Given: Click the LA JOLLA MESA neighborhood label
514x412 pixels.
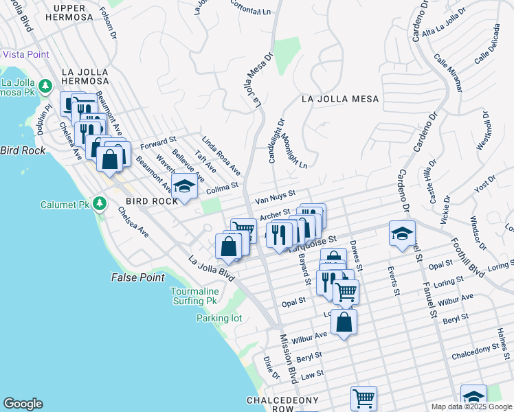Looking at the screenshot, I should tap(340, 99).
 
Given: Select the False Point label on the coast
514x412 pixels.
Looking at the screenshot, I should tap(138, 277).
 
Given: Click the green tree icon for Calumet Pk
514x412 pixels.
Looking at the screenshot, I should tap(100, 204).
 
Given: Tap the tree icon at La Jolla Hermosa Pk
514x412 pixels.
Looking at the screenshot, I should tap(45, 86).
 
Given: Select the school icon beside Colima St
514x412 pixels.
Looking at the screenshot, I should tap(184, 185).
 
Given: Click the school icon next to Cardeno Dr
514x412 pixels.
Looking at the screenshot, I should tap(402, 233).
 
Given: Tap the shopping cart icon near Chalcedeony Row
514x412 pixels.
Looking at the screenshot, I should tap(364, 397).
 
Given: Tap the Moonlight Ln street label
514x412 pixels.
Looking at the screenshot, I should tap(293, 151).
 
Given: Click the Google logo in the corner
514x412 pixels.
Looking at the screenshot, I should tap(23, 404).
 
